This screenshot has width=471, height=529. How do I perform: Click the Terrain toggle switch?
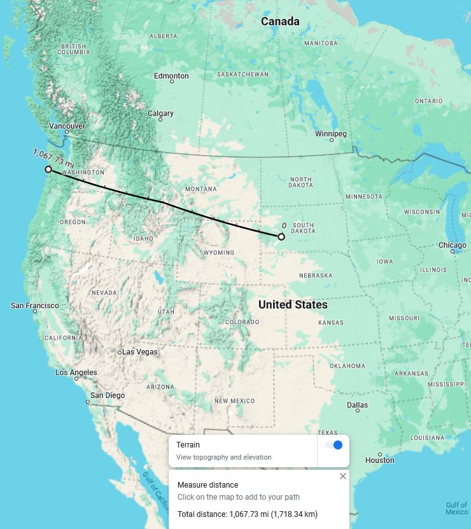[x=334, y=445]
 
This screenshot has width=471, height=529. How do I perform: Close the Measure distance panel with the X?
[x=343, y=476]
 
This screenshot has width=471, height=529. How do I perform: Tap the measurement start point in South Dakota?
[x=281, y=237]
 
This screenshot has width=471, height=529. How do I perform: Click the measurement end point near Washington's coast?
[x=48, y=169]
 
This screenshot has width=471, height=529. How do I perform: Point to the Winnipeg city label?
[x=331, y=134]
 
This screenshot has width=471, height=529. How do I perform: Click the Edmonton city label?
[x=171, y=76]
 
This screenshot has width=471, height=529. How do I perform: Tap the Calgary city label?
[x=160, y=113]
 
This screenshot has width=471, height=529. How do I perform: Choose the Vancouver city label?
[x=67, y=126]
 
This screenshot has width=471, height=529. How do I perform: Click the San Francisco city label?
[x=35, y=306]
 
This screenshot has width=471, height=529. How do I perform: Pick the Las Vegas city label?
[x=139, y=352]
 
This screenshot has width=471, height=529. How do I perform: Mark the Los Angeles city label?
[x=76, y=372]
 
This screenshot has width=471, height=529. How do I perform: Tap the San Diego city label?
[x=108, y=395]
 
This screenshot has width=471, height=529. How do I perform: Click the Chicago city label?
[x=452, y=245]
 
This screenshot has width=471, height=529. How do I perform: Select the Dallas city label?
[x=357, y=405]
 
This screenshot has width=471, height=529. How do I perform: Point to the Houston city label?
[x=380, y=460]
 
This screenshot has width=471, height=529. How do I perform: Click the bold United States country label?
[x=293, y=305]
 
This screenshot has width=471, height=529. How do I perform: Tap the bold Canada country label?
[x=280, y=22]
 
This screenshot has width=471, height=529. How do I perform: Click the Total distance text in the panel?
[x=248, y=514]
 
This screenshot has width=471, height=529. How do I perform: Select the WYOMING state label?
[x=219, y=253]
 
